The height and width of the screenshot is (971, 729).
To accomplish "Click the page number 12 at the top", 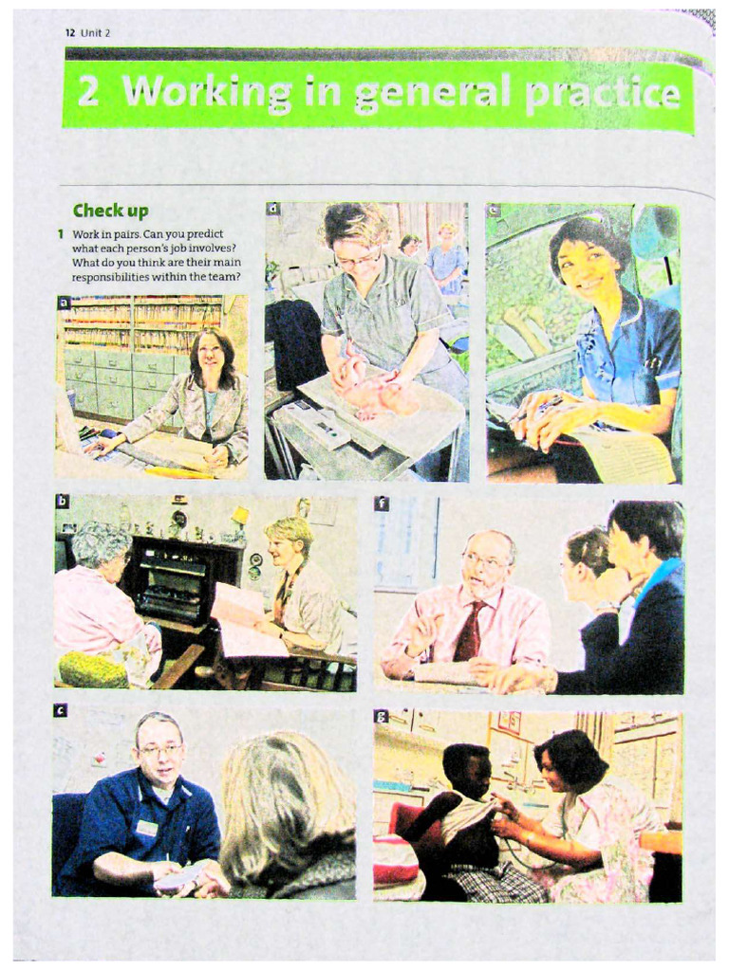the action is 70,33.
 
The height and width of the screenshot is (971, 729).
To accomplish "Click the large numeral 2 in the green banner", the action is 88,92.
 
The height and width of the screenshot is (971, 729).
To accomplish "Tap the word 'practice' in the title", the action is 601,94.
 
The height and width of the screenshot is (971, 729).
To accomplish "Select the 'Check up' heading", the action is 110,211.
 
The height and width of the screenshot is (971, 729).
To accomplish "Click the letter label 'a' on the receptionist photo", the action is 63,302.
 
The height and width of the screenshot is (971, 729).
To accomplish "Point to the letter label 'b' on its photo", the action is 62,502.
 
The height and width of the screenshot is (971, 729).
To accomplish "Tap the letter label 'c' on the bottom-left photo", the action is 60,711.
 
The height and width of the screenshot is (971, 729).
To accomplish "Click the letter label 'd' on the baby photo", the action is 273,210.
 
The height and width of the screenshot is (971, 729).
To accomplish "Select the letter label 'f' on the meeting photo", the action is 382,504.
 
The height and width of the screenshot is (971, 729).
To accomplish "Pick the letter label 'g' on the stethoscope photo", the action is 382,718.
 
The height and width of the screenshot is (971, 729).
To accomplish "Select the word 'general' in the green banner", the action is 432,94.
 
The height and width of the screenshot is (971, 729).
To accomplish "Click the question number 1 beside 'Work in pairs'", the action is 61,234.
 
